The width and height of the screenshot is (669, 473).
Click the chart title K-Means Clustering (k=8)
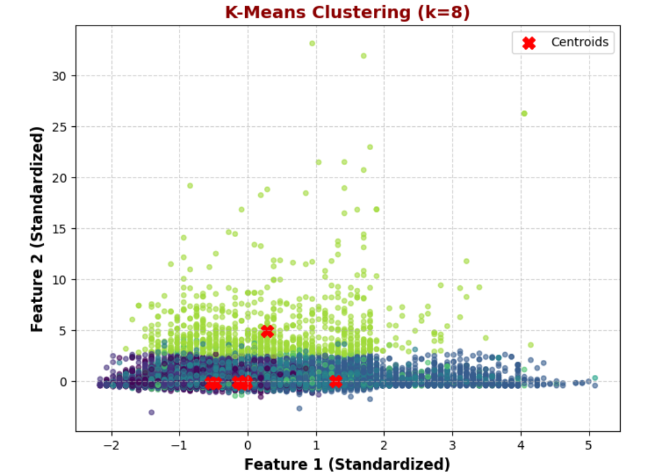pos(347,12)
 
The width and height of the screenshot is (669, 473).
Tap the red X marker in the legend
pos(528,43)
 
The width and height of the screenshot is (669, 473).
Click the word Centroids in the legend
pos(580,43)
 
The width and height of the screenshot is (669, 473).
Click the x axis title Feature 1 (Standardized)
pos(347,464)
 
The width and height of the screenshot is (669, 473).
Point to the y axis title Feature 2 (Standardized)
pos(37,229)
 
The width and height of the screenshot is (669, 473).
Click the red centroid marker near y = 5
pos(268,331)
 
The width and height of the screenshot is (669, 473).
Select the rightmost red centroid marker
pos(336,381)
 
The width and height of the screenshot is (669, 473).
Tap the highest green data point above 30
pos(312,43)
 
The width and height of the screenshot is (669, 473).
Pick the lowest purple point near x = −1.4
pos(151,412)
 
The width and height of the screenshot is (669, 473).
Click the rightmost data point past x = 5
pos(595,378)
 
